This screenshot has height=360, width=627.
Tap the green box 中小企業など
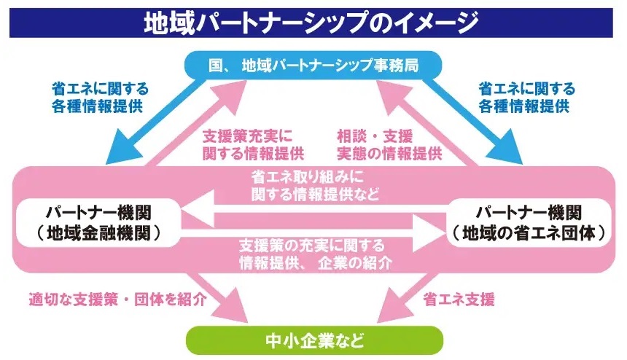click(x=313, y=340)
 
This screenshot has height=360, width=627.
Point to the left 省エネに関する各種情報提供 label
click(x=99, y=97)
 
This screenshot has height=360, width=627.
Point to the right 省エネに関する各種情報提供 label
click(x=526, y=97)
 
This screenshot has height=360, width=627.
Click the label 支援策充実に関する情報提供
click(x=253, y=144)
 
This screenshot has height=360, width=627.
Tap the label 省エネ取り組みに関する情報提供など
click(x=313, y=186)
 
